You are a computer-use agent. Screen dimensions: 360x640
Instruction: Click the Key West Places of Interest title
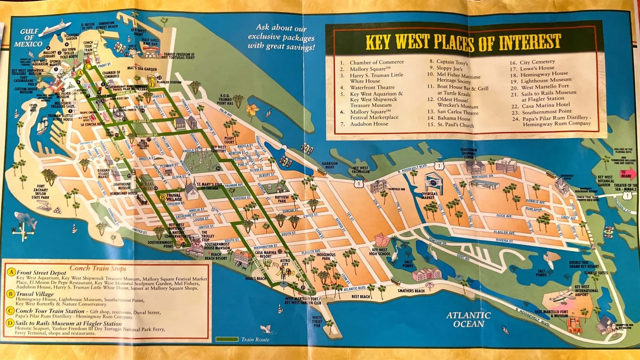point(463,42)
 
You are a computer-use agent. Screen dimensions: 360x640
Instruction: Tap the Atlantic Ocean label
point(468,319)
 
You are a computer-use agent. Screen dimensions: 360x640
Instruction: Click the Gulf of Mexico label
point(28,38)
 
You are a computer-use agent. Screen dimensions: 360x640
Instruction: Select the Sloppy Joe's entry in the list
point(449,68)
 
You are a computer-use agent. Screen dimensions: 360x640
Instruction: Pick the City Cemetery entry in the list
point(537,62)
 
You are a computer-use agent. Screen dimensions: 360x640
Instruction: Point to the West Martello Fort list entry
point(544,86)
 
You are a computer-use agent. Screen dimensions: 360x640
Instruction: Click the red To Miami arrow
point(628,174)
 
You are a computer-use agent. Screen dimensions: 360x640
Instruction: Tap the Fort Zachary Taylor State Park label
point(41,192)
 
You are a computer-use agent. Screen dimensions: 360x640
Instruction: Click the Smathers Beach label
point(411,291)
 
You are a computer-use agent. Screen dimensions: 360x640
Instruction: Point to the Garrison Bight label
point(330,165)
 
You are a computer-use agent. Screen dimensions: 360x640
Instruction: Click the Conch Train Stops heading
point(98,268)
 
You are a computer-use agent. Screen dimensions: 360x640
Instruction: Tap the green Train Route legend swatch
point(227,340)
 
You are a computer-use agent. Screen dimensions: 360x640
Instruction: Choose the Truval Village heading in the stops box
point(35,294)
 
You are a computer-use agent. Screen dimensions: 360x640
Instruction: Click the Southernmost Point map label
point(160,244)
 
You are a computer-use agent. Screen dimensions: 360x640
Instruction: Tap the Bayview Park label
point(282,199)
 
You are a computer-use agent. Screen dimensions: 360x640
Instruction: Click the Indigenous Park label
point(326,256)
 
